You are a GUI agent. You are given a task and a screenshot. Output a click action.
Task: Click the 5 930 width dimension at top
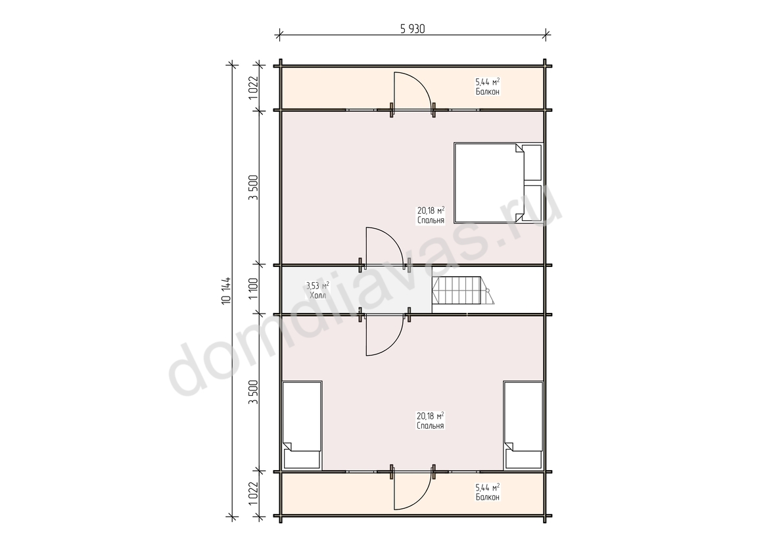[x=413, y=29]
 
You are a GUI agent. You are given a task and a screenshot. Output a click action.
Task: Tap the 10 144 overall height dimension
[x=227, y=291]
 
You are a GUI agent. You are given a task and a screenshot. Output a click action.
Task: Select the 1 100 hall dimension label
[x=254, y=289]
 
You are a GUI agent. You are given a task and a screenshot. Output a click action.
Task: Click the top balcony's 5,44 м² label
[x=488, y=82]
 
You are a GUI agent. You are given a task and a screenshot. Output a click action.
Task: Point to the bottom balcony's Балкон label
[x=488, y=497]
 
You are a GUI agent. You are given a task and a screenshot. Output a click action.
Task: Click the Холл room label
[x=317, y=296]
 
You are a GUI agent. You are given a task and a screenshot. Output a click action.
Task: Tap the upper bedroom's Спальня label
[x=431, y=220]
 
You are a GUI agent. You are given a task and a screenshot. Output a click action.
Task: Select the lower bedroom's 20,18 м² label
[x=431, y=416]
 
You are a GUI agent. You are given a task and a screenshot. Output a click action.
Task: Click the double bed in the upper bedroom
[x=498, y=183]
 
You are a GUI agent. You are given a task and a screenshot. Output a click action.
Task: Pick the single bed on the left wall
[x=302, y=425]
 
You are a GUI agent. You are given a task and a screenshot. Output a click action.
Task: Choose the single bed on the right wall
[x=523, y=425]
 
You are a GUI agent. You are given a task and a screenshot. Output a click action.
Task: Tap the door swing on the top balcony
[x=412, y=91]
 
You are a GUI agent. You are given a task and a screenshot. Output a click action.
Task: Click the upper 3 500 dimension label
[x=254, y=188]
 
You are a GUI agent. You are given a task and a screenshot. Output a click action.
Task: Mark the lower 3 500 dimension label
[x=254, y=392]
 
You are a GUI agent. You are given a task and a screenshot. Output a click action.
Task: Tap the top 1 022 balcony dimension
[x=254, y=88]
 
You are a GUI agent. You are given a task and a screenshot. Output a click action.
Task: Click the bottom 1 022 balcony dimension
[x=254, y=493]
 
